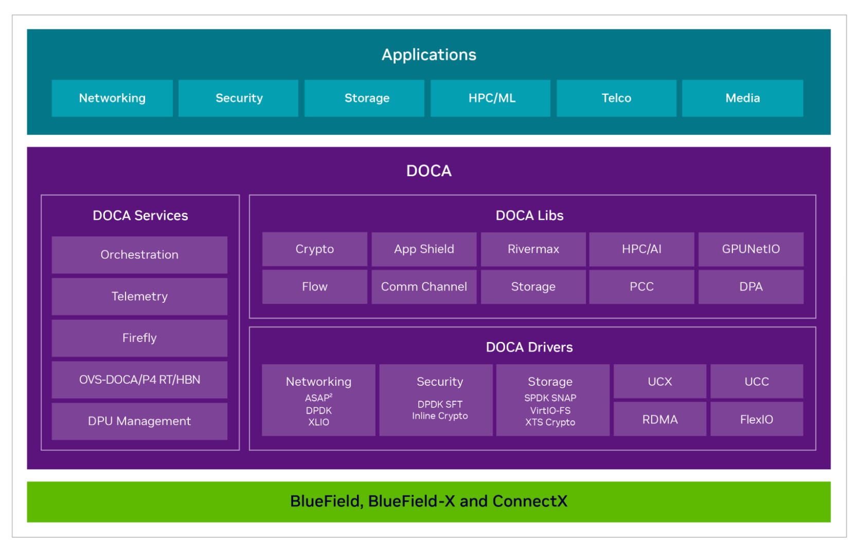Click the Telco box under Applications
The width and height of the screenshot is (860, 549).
click(616, 98)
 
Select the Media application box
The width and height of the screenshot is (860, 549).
click(743, 98)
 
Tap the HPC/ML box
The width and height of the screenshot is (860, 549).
click(490, 98)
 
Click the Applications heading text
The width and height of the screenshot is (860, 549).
click(429, 55)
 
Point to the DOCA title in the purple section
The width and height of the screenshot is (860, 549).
click(429, 170)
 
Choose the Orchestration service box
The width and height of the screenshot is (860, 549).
click(139, 254)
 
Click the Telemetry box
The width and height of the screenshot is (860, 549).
click(139, 297)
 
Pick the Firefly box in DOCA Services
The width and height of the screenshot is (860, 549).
click(139, 338)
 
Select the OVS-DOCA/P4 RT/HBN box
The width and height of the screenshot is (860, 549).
click(139, 380)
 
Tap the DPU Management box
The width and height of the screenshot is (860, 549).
click(139, 421)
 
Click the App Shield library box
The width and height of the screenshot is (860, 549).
click(424, 249)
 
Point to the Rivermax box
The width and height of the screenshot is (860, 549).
click(533, 249)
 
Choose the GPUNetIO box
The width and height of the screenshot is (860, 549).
click(751, 249)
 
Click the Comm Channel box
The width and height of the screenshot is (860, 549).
click(424, 287)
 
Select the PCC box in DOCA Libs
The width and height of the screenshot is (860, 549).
click(641, 287)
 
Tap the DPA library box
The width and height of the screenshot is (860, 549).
click(751, 287)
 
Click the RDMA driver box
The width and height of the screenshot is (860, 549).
click(660, 419)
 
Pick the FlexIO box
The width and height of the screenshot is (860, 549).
click(757, 419)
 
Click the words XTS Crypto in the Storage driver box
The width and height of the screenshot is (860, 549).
click(550, 422)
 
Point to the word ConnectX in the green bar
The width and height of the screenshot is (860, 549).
click(530, 501)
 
